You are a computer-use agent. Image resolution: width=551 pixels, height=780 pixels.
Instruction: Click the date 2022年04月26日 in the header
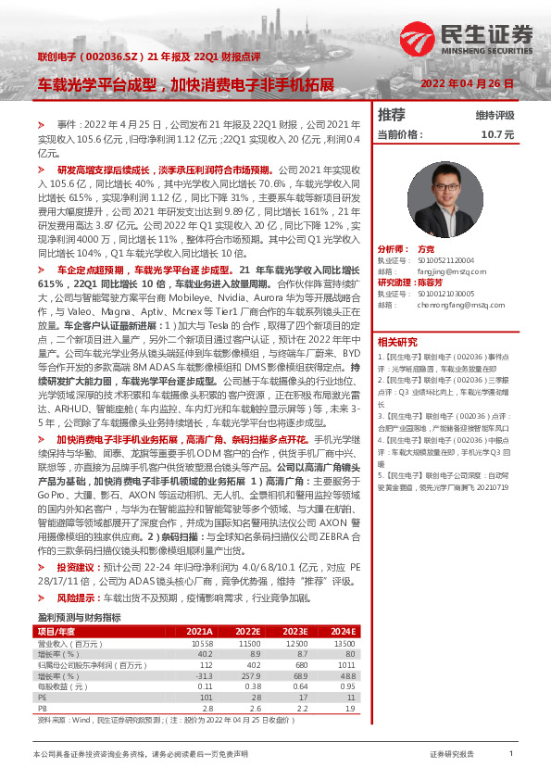467,83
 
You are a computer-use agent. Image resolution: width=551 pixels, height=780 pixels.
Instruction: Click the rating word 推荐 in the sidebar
392,116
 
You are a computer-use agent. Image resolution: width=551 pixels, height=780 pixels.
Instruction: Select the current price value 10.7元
496,134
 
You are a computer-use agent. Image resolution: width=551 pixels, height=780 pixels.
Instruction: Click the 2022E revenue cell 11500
249,616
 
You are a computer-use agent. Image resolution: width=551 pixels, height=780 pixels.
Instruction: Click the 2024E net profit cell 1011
344,638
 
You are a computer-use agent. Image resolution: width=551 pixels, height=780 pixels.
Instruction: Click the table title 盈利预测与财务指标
79,590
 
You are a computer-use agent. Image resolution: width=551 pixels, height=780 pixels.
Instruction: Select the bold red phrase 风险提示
75,572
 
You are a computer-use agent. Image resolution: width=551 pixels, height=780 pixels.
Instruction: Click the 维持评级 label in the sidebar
495,116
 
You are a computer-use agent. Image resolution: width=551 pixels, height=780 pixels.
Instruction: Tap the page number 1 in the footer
510,754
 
